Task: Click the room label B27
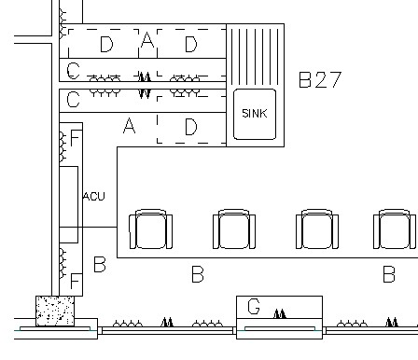[320, 79]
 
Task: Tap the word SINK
[255, 114]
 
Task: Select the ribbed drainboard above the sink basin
[255, 56]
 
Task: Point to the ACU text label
[94, 196]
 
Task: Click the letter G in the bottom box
[254, 307]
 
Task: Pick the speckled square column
[55, 311]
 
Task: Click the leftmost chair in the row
[151, 229]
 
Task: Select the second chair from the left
[234, 229]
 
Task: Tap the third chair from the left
[317, 229]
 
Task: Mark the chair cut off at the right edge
[396, 229]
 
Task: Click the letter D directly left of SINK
[191, 127]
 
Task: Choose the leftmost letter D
[106, 44]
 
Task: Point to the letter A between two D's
[147, 40]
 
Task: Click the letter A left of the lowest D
[130, 126]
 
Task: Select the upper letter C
[73, 71]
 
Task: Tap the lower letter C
[73, 100]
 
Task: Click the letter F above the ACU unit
[76, 138]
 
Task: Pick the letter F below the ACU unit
[76, 281]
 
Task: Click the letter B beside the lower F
[100, 265]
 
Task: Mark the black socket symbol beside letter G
[280, 313]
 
